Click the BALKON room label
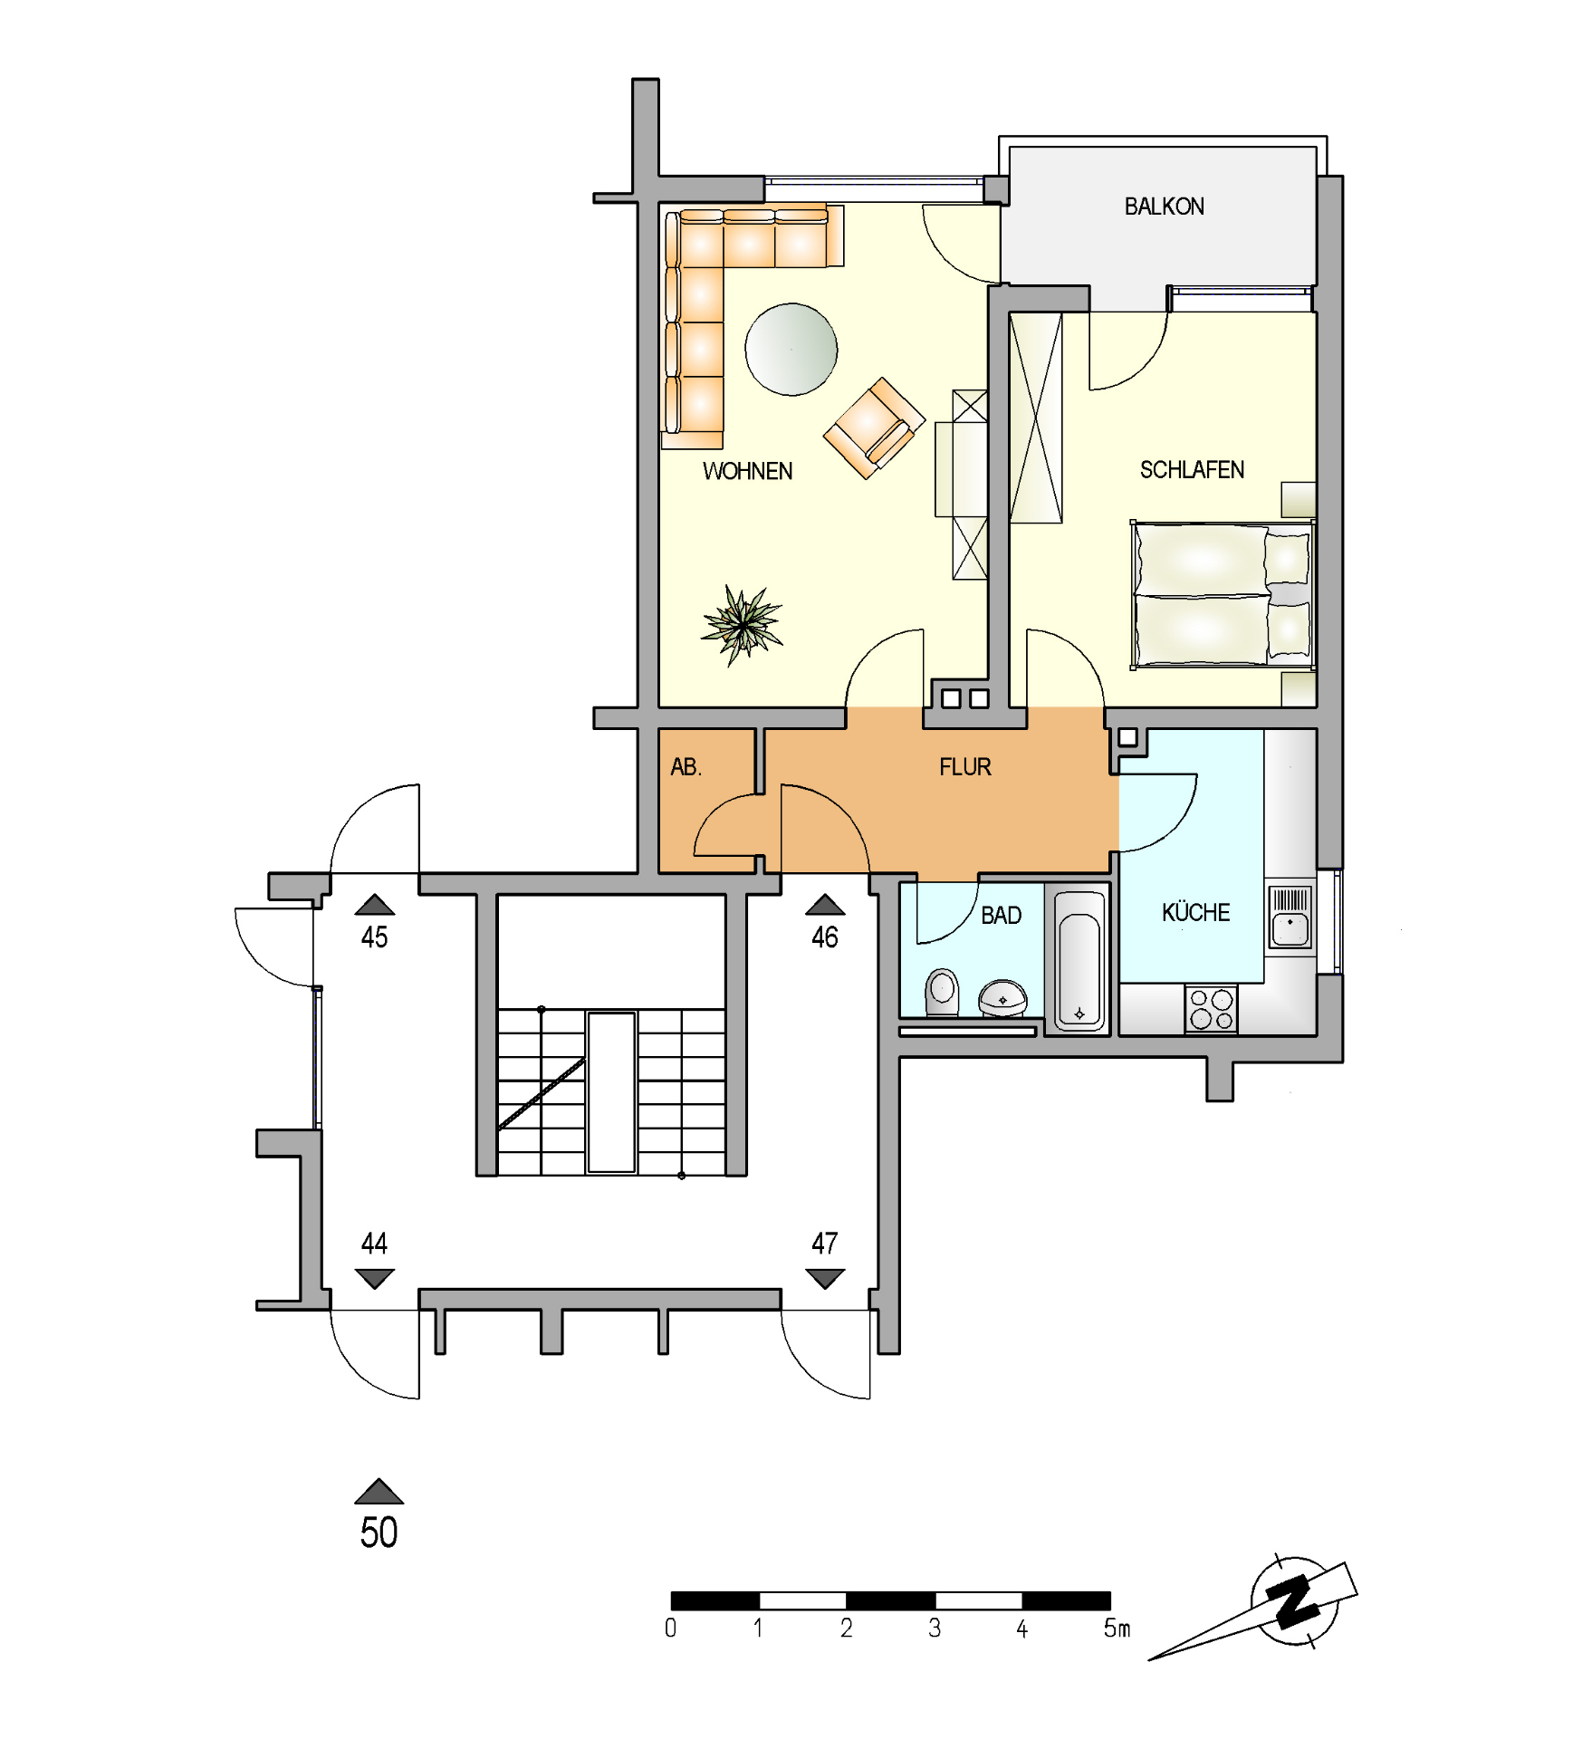tap(1164, 207)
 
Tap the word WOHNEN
tap(747, 471)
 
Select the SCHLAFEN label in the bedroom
tap(1192, 470)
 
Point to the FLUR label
tap(965, 767)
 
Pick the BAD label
tap(1001, 916)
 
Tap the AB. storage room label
tap(686, 767)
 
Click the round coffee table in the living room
tap(791, 350)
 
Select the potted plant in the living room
tap(743, 624)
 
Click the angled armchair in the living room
tap(874, 428)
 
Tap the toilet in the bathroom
tap(942, 993)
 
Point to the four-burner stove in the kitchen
tap(1211, 1009)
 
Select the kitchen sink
tap(1290, 918)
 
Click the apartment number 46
tap(825, 937)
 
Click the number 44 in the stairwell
tap(374, 1244)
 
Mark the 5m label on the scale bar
tap(1117, 1629)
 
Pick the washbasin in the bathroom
tap(1002, 998)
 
